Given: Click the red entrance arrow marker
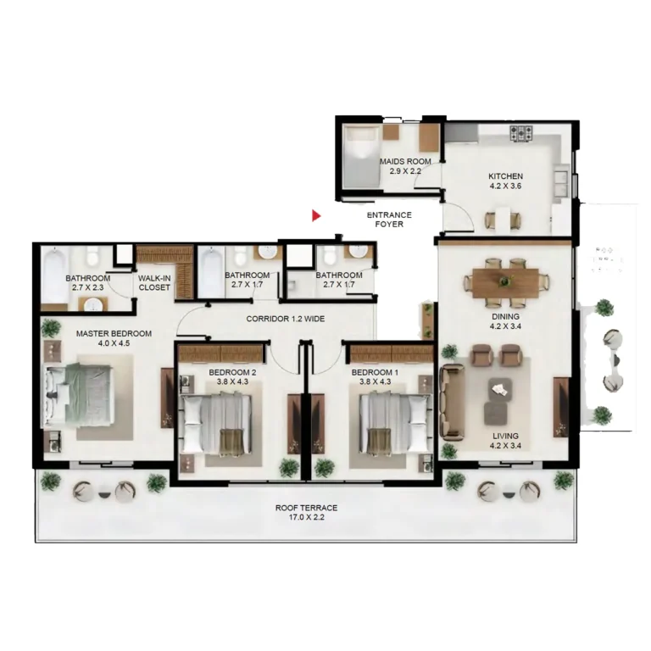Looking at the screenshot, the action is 316,215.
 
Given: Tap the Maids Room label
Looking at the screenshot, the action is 405,161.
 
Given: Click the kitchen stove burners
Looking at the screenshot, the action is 521,133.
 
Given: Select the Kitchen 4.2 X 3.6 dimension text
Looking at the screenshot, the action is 505,186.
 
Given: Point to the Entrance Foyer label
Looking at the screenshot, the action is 389,220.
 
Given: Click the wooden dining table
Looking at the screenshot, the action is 505,283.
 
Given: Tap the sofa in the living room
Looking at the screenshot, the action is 452,402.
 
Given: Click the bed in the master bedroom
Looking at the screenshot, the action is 79,395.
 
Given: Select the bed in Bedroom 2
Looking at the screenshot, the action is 215,424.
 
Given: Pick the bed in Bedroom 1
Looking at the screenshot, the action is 395,424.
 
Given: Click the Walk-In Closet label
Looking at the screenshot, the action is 154,283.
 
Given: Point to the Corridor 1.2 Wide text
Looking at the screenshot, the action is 285,319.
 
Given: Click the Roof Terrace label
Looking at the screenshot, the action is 306,508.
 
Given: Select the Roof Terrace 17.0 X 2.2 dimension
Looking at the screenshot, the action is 306,517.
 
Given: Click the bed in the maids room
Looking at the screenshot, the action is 361,157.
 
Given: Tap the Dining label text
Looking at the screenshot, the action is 505,316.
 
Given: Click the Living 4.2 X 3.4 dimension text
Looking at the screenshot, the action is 505,446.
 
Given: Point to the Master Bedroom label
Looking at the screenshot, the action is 114,333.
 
